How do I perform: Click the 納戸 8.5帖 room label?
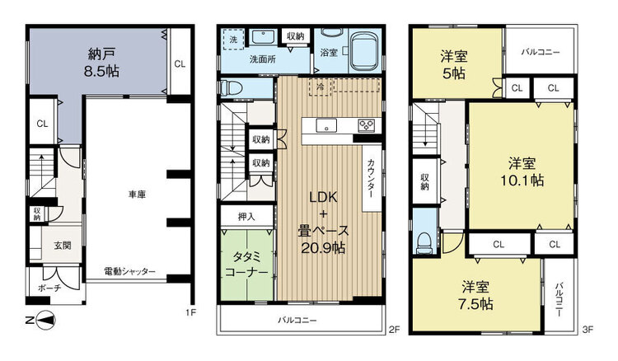click(x=100, y=63)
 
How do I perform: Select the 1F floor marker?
click(x=190, y=312)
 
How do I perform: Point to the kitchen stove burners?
click(x=365, y=125)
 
